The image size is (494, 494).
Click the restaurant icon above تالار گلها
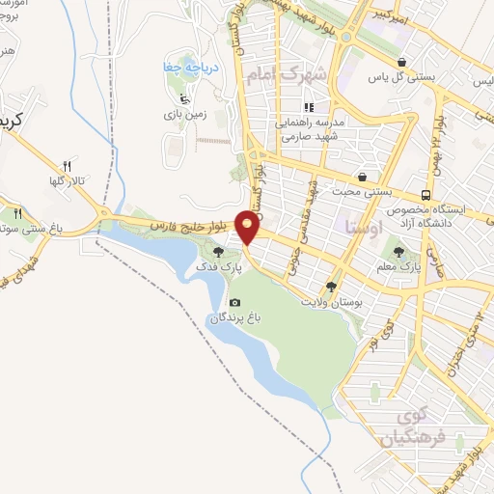click(67, 165)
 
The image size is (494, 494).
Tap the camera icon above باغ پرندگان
click(234, 303)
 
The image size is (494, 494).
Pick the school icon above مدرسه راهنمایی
click(309, 108)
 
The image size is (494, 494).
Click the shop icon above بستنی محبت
click(362, 178)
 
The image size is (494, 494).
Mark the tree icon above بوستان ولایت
click(332, 287)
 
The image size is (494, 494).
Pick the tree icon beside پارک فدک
click(231, 252)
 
